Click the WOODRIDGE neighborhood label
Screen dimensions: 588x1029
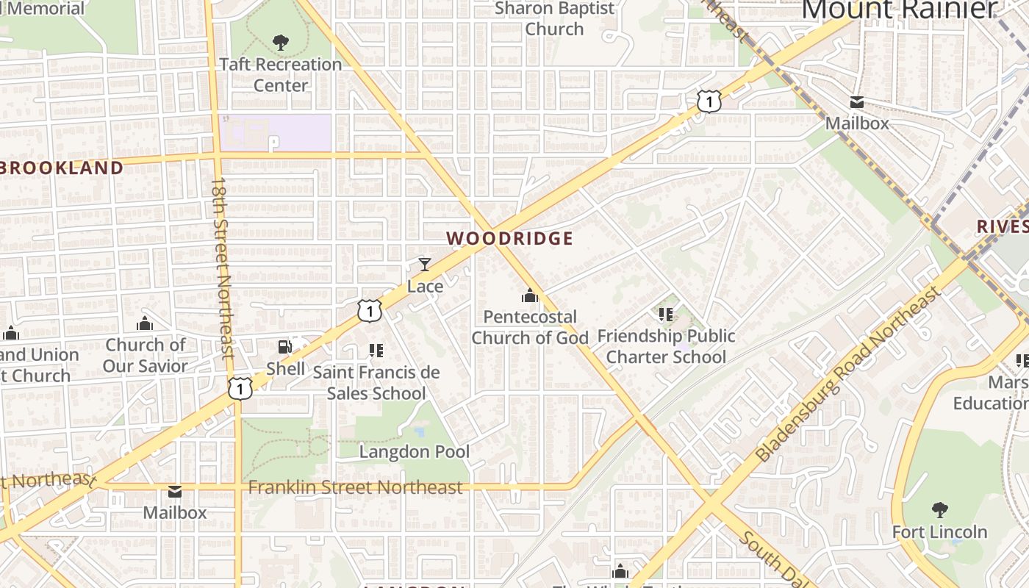pyautogui.click(x=509, y=238)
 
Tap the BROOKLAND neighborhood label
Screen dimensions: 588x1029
pyautogui.click(x=62, y=168)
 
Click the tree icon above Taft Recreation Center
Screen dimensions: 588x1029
pyautogui.click(x=280, y=43)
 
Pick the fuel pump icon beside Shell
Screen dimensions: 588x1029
pyautogui.click(x=284, y=347)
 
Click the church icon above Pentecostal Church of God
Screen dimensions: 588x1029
pyautogui.click(x=529, y=295)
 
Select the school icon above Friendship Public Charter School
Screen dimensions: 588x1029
pyautogui.click(x=666, y=315)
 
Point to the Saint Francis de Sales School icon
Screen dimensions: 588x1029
pyautogui.click(x=376, y=351)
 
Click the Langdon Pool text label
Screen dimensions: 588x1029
pyautogui.click(x=414, y=451)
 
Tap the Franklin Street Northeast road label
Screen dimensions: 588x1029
pyautogui.click(x=356, y=487)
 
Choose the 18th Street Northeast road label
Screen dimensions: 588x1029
pyautogui.click(x=222, y=268)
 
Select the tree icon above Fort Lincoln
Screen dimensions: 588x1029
pyautogui.click(x=939, y=509)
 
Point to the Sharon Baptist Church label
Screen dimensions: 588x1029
pyautogui.click(x=554, y=18)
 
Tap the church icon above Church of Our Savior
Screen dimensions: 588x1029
pyautogui.click(x=145, y=323)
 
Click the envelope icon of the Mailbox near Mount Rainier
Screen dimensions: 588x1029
pyautogui.click(x=857, y=102)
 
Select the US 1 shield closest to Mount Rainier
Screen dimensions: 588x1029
pyautogui.click(x=709, y=101)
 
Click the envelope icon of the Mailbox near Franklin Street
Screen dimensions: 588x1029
pyautogui.click(x=175, y=491)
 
